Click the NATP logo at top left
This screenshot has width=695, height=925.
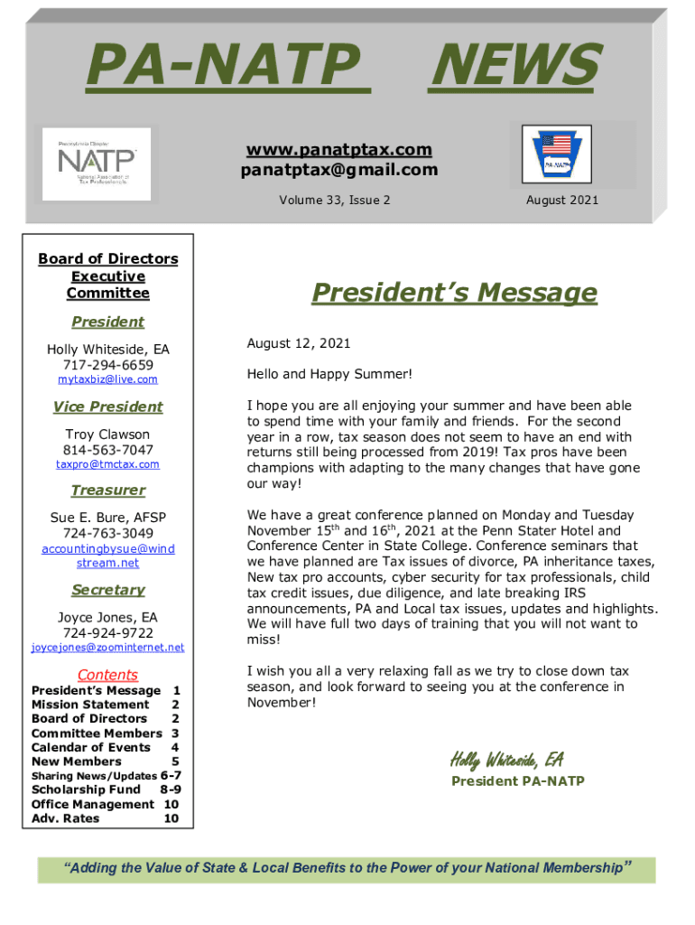point(97,164)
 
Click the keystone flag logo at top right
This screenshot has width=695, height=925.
point(558,156)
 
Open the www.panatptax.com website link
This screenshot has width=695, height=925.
point(338,149)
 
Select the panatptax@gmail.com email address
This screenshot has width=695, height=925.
point(338,170)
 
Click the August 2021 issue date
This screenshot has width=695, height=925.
point(561,201)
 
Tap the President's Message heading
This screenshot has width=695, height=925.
point(454,293)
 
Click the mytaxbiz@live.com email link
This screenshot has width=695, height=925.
point(107,379)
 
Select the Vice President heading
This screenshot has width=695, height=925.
point(107,406)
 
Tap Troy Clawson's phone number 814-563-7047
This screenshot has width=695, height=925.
point(107,450)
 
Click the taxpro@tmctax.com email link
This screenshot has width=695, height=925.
point(107,464)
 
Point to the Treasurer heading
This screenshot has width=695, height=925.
point(107,491)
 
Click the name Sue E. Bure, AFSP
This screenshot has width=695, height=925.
point(107,518)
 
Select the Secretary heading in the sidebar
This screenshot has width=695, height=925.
point(107,590)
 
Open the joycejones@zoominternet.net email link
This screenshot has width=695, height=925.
point(107,647)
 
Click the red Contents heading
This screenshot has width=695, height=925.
point(107,675)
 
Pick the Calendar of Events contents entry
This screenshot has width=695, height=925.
point(91,747)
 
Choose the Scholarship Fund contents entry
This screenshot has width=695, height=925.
point(87,790)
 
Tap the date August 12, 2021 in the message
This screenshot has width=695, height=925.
point(299,343)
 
